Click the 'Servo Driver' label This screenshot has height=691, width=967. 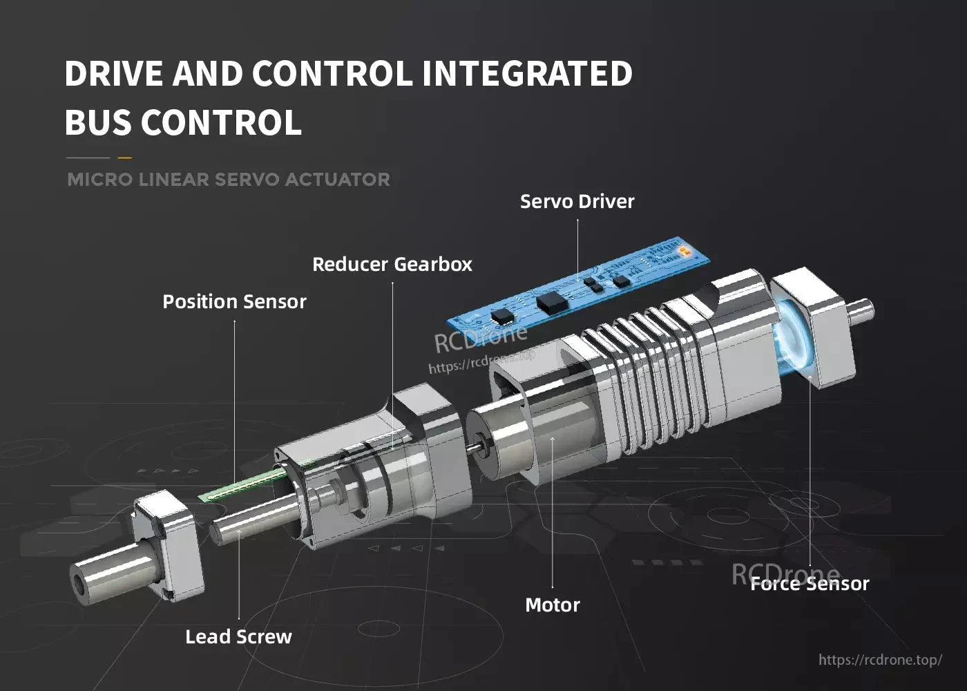pyautogui.click(x=577, y=202)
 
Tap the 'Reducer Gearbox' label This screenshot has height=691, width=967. pyautogui.click(x=392, y=265)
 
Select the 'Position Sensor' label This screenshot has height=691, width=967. pyautogui.click(x=234, y=302)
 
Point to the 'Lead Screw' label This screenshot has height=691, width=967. pyautogui.click(x=238, y=636)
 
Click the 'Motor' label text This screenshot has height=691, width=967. pyautogui.click(x=552, y=605)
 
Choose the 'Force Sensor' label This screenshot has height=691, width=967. pyautogui.click(x=810, y=584)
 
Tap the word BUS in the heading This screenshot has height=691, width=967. pyautogui.click(x=99, y=123)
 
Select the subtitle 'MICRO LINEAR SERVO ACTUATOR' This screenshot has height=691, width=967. pyautogui.click(x=228, y=180)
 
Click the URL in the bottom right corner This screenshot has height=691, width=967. pyautogui.click(x=880, y=660)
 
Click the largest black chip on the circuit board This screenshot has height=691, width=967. pyautogui.click(x=551, y=301)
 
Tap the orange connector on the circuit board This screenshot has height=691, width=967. pyautogui.click(x=684, y=249)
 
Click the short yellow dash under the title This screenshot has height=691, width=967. pyautogui.click(x=124, y=158)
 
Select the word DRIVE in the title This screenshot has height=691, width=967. pyautogui.click(x=114, y=74)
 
